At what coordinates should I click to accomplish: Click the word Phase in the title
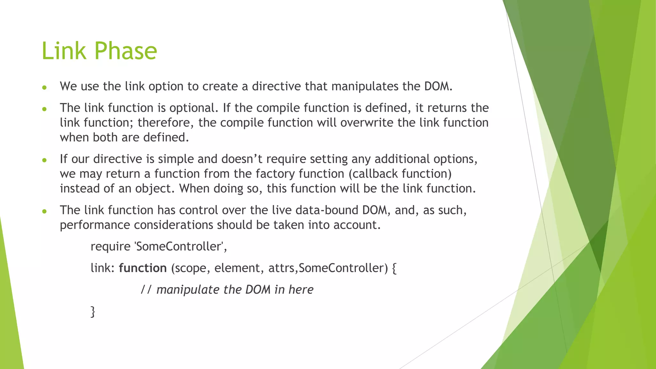pyautogui.click(x=125, y=51)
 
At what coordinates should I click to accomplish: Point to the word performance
pyautogui.click(x=95, y=225)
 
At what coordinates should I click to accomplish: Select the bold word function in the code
pyautogui.click(x=143, y=268)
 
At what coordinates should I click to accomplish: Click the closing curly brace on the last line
pyautogui.click(x=93, y=312)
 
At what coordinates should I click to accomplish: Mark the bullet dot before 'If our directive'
pyautogui.click(x=45, y=160)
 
